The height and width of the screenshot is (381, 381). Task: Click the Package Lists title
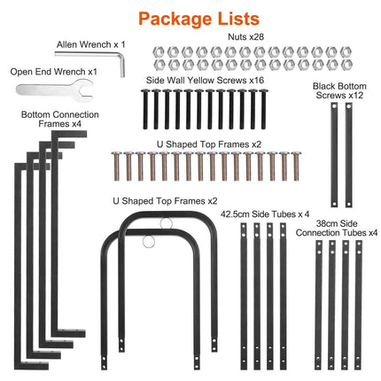coord(198,19)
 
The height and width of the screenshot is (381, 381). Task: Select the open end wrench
coord(54,89)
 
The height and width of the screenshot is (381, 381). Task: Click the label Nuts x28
coord(245,37)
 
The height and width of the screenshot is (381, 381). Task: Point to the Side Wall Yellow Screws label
coord(205,80)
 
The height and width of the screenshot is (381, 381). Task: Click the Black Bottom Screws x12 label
coord(339,90)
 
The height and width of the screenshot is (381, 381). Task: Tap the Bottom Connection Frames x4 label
coord(60,119)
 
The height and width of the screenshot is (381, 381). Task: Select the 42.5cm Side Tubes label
coord(265,214)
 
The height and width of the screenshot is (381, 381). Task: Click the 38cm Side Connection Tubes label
coord(337,228)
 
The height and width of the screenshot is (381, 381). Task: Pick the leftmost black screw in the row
coord(145,109)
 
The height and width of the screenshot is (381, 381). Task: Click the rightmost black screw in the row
coord(263,109)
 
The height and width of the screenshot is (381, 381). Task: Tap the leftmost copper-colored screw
coord(117,166)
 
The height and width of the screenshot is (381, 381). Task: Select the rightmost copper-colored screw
coord(296,166)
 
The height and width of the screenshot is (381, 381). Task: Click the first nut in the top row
coord(159,52)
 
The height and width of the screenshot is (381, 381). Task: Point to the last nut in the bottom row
coord(346,65)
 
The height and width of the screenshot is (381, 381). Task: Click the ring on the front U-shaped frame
coord(149,242)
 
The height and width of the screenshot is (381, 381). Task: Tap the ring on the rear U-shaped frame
coord(167,223)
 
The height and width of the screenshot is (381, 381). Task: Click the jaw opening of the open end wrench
coord(88,90)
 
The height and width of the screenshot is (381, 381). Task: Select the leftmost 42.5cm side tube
coord(244,296)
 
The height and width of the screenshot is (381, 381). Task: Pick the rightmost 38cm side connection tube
coord(358,305)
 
